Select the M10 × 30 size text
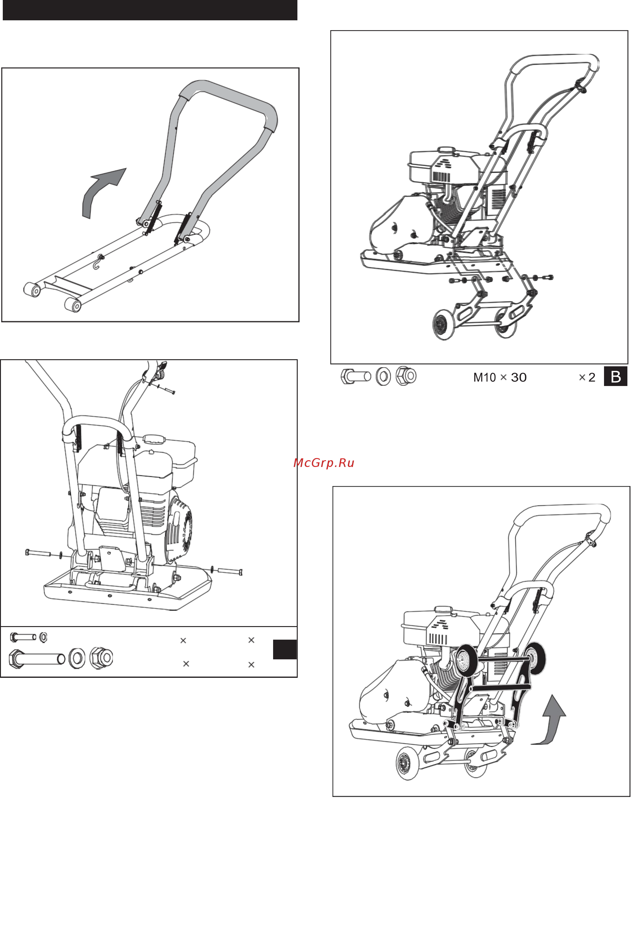click(x=499, y=377)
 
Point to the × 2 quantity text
click(x=587, y=377)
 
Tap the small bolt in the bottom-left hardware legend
click(x=23, y=637)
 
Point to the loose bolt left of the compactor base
click(x=38, y=553)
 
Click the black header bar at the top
click(x=150, y=10)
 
